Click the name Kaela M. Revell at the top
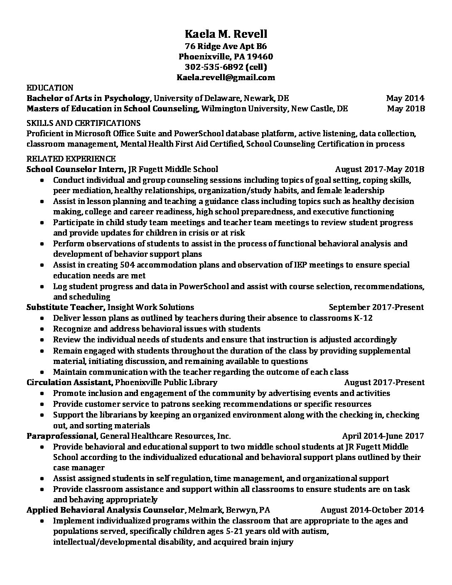click(x=226, y=34)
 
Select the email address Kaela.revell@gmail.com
click(x=226, y=77)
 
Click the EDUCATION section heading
click(x=50, y=88)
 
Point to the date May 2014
click(x=405, y=98)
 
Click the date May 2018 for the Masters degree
click(x=405, y=109)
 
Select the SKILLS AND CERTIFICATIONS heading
click(x=84, y=123)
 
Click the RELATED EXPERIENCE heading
click(x=71, y=159)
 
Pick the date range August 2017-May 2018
click(x=379, y=169)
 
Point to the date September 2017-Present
click(x=376, y=307)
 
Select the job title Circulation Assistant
click(x=69, y=382)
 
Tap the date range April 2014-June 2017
click(x=383, y=436)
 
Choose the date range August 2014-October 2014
click(x=372, y=510)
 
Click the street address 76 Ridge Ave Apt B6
click(x=226, y=46)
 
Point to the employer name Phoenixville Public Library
click(x=166, y=382)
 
